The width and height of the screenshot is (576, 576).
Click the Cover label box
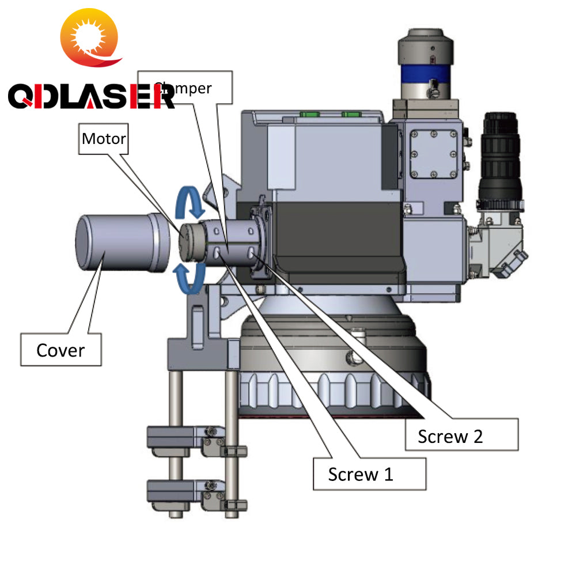tap(60, 349)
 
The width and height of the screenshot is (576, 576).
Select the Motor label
tap(104, 139)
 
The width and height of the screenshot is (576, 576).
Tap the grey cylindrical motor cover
tap(121, 243)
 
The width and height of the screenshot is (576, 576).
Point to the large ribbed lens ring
tap(334, 392)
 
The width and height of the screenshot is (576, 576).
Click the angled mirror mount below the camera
tap(497, 245)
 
